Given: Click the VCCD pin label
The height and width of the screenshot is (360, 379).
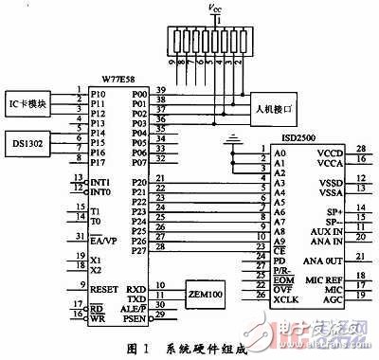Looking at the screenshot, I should (x=328, y=153).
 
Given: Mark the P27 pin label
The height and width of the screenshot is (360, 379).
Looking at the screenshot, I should (x=139, y=250).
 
